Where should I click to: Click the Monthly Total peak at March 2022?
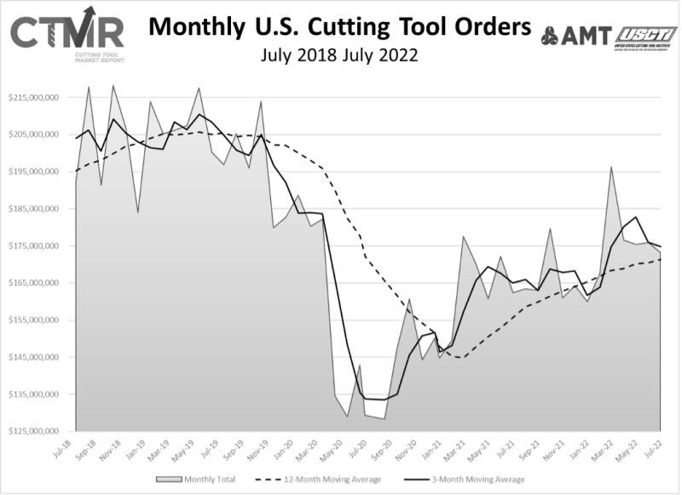tap(611, 167)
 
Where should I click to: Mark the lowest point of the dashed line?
tap(461, 358)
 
